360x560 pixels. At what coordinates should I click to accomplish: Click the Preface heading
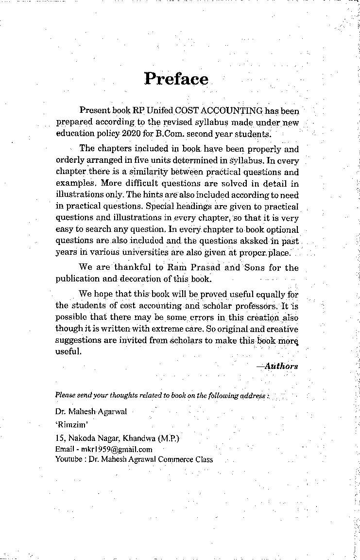coord(176,79)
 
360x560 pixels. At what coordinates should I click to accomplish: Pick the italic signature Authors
coord(279,366)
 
